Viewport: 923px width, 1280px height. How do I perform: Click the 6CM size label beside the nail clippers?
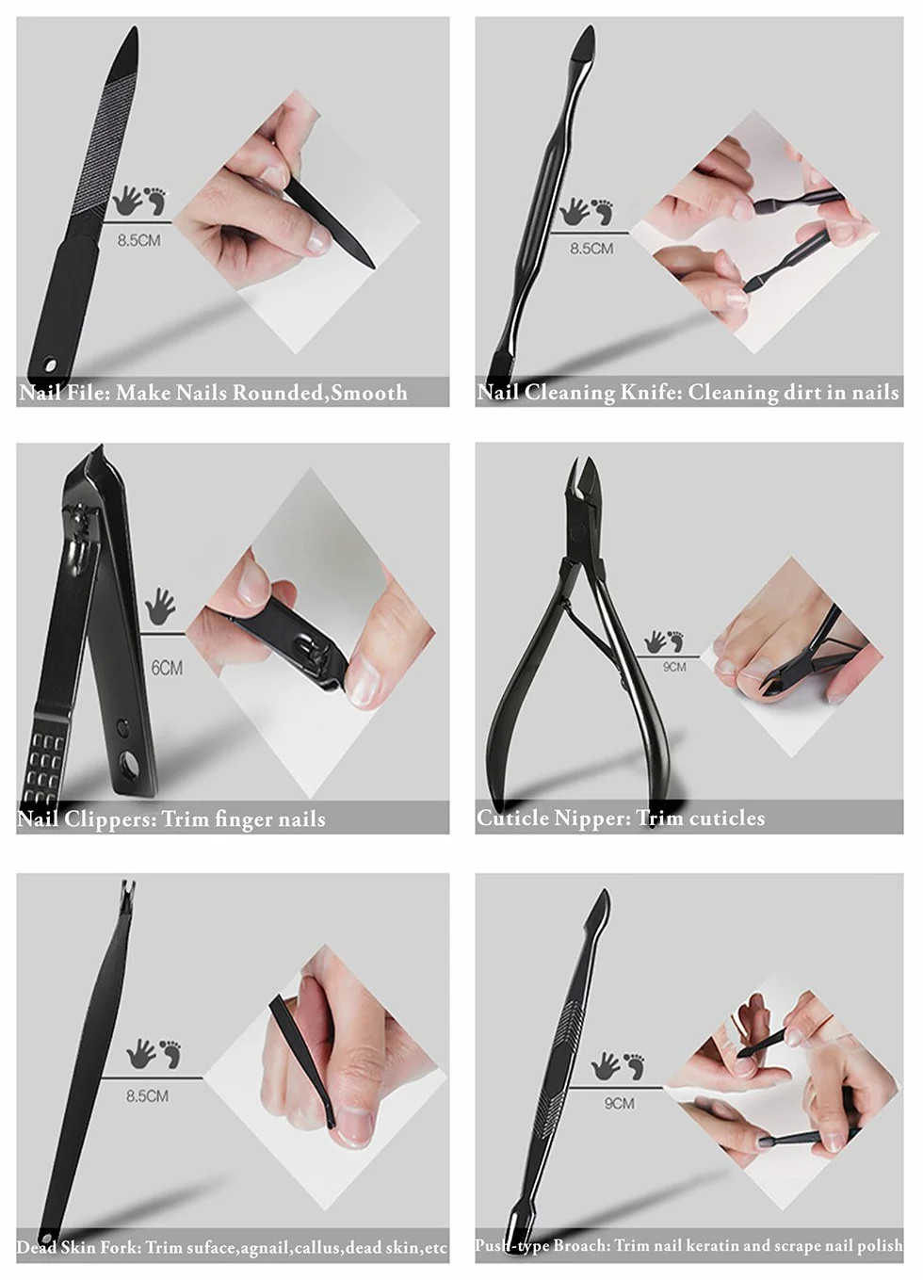click(x=167, y=668)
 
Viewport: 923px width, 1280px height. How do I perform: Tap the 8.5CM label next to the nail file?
click(x=138, y=240)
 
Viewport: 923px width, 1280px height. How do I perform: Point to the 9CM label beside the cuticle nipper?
click(x=673, y=666)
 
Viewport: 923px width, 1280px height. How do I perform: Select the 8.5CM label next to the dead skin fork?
click(x=148, y=1096)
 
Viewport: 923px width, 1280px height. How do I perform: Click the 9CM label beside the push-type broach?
click(x=620, y=1103)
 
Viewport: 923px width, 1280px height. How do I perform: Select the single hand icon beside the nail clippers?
click(x=159, y=607)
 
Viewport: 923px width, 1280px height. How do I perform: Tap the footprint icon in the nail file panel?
click(x=156, y=200)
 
